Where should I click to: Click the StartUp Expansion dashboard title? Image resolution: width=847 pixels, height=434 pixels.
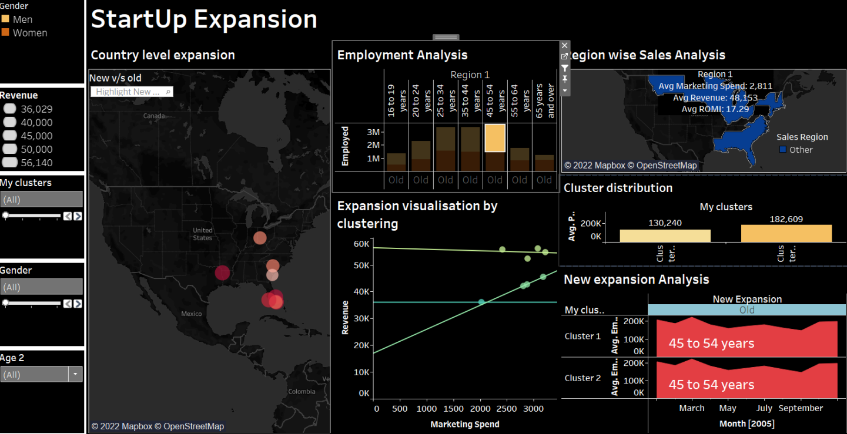[204, 19]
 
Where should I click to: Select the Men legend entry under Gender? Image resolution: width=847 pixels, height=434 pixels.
[22, 19]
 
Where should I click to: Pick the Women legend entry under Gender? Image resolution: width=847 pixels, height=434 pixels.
[29, 33]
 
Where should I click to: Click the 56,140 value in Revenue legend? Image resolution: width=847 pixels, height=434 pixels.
[36, 163]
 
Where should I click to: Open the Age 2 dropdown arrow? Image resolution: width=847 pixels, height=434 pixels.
[75, 374]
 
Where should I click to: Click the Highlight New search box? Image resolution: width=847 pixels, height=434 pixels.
[131, 92]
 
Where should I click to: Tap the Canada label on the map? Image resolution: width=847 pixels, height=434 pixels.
[154, 116]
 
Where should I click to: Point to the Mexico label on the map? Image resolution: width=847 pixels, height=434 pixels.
[191, 314]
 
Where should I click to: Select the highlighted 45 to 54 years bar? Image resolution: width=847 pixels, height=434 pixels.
[495, 139]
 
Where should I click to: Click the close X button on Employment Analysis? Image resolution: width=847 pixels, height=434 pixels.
[564, 45]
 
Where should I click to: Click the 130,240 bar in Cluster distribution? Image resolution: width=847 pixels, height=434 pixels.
[665, 235]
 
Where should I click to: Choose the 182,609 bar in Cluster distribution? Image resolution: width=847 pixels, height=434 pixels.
[786, 233]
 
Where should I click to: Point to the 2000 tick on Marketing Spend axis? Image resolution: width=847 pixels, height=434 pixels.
[480, 409]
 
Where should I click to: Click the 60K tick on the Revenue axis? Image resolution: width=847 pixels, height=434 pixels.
[362, 243]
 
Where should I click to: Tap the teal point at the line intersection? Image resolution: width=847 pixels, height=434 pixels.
[481, 302]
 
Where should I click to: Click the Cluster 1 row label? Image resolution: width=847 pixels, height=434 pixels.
[582, 336]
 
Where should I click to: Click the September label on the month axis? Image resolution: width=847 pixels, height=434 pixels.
[801, 408]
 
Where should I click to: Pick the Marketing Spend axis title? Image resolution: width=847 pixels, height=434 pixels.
[464, 424]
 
